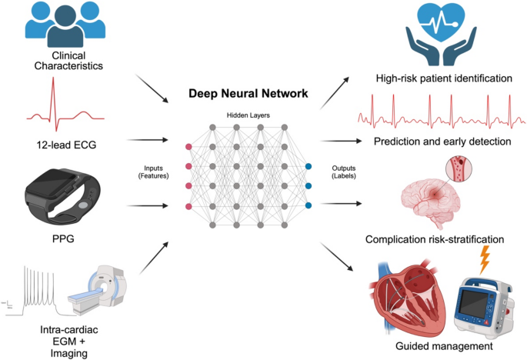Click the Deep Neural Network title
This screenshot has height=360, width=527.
[x=248, y=94]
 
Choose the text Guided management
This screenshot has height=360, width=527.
[x=445, y=348]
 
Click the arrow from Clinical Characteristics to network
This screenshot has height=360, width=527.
[x=151, y=88]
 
